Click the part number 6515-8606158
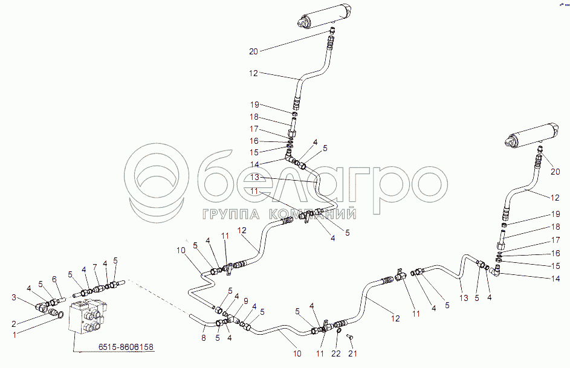(x=126, y=347)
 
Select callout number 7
(x=95, y=266)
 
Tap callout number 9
(x=245, y=301)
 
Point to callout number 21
(x=355, y=353)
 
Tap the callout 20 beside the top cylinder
(x=253, y=51)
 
